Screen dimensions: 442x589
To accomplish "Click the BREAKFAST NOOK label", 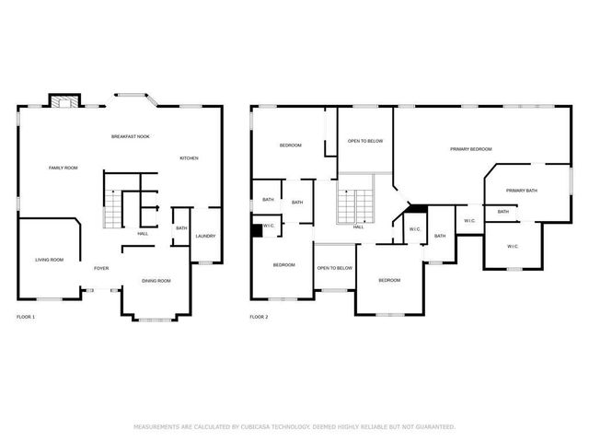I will point(131,136).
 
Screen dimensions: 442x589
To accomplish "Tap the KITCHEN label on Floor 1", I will point(189,158).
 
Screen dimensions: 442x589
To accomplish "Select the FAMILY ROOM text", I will point(64,168).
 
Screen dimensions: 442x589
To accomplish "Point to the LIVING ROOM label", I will point(49,260).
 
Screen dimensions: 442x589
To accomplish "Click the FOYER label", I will point(101,269).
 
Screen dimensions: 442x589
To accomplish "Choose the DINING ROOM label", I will point(156,280).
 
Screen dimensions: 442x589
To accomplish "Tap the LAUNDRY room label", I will point(205,236).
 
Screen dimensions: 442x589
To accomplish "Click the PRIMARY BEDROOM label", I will point(470,149).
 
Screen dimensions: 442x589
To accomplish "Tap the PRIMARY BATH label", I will point(522,191).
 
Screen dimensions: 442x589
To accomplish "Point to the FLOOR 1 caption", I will point(26,317).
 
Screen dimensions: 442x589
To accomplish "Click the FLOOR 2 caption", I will point(259,317).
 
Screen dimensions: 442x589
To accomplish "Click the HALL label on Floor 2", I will point(359,227).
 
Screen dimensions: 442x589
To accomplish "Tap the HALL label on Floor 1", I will point(143,233).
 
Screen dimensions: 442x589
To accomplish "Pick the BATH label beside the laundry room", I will point(181,228).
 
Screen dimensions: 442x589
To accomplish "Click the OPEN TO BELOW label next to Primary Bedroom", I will point(365,141).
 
